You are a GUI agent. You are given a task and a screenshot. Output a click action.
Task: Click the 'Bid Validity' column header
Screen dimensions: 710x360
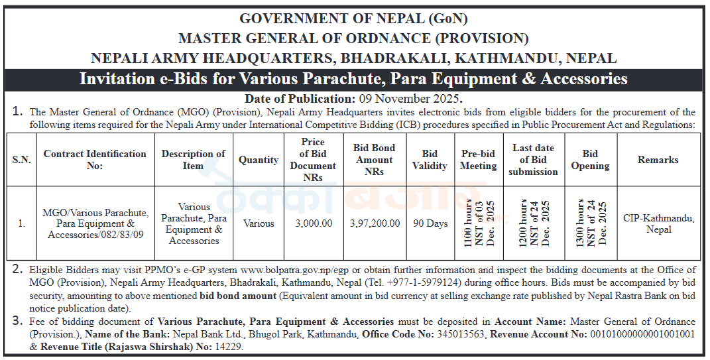430,160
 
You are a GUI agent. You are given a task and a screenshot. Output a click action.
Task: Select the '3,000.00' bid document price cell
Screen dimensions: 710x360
314,223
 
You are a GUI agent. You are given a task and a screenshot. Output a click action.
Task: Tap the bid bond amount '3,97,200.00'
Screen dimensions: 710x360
375,223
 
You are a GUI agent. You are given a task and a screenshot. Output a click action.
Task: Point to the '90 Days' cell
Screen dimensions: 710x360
430,223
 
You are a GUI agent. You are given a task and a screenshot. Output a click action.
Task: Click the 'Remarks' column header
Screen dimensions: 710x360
658,160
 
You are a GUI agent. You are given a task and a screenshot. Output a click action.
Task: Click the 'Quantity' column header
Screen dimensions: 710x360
259,160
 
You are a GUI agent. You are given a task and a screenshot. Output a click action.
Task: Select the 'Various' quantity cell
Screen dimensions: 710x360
259,223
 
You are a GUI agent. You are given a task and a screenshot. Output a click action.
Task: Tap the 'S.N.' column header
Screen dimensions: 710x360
22,160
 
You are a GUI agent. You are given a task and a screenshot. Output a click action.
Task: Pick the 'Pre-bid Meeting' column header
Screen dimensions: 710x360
478,160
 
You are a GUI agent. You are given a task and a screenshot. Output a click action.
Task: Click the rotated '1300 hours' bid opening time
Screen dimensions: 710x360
580,223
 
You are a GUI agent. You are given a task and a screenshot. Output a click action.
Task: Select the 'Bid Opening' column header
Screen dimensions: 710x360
590,160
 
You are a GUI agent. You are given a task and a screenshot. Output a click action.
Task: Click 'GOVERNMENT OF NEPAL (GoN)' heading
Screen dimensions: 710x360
353,19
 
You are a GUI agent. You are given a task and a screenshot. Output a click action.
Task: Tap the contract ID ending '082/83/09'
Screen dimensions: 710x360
96,235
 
